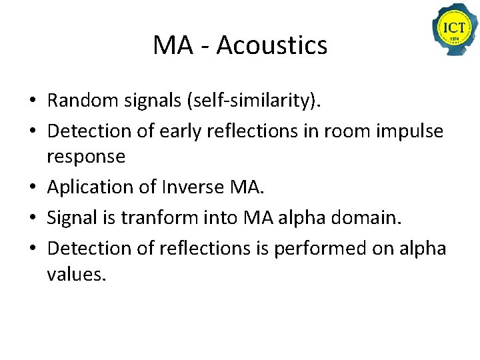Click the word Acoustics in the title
[x=271, y=45]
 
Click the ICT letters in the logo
[x=455, y=29]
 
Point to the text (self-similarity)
[x=256, y=101]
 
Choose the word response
[x=86, y=157]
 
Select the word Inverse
[x=193, y=187]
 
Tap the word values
[x=76, y=274]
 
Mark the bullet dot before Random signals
[x=32, y=102]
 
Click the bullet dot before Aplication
[x=32, y=189]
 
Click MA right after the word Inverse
[x=247, y=187]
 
